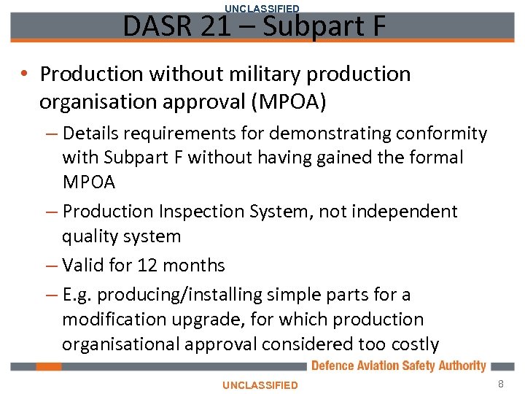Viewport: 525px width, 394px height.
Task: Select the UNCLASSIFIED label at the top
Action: (x=262, y=8)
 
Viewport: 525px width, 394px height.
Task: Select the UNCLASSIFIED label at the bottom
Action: (x=260, y=385)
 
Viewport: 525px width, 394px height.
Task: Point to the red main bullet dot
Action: (x=25, y=74)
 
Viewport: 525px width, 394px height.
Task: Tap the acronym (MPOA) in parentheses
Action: (x=288, y=102)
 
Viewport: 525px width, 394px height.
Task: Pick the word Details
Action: (x=92, y=134)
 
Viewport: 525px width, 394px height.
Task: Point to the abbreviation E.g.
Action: (x=77, y=295)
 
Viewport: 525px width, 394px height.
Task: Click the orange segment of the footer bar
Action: (x=49, y=366)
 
